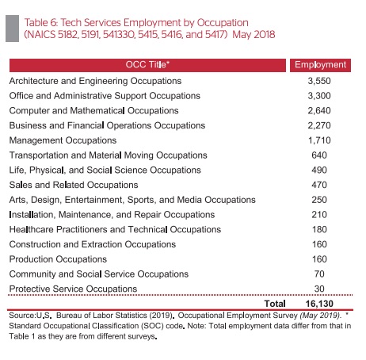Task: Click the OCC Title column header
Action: pos(147,65)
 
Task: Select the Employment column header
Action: pos(320,65)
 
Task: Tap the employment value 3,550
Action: pos(319,81)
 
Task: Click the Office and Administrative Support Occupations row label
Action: pos(105,96)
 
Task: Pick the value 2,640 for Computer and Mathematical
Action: pos(319,110)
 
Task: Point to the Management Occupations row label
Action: pos(63,140)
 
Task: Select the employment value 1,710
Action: pos(319,140)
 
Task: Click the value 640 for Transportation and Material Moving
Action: pos(319,155)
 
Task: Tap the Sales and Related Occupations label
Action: pos(74,185)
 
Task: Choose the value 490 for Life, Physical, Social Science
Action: pos(319,170)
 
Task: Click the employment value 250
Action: pos(319,200)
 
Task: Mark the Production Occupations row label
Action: pos(58,259)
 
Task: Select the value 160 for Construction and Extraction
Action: pos(319,244)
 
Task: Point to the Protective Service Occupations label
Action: pos(73,289)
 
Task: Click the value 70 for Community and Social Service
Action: pos(319,274)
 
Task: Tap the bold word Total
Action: pos(275,304)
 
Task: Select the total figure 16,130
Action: pos(319,304)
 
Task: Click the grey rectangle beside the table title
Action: pos(12,29)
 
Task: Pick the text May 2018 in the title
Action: pos(254,34)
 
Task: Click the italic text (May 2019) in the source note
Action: pos(320,316)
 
